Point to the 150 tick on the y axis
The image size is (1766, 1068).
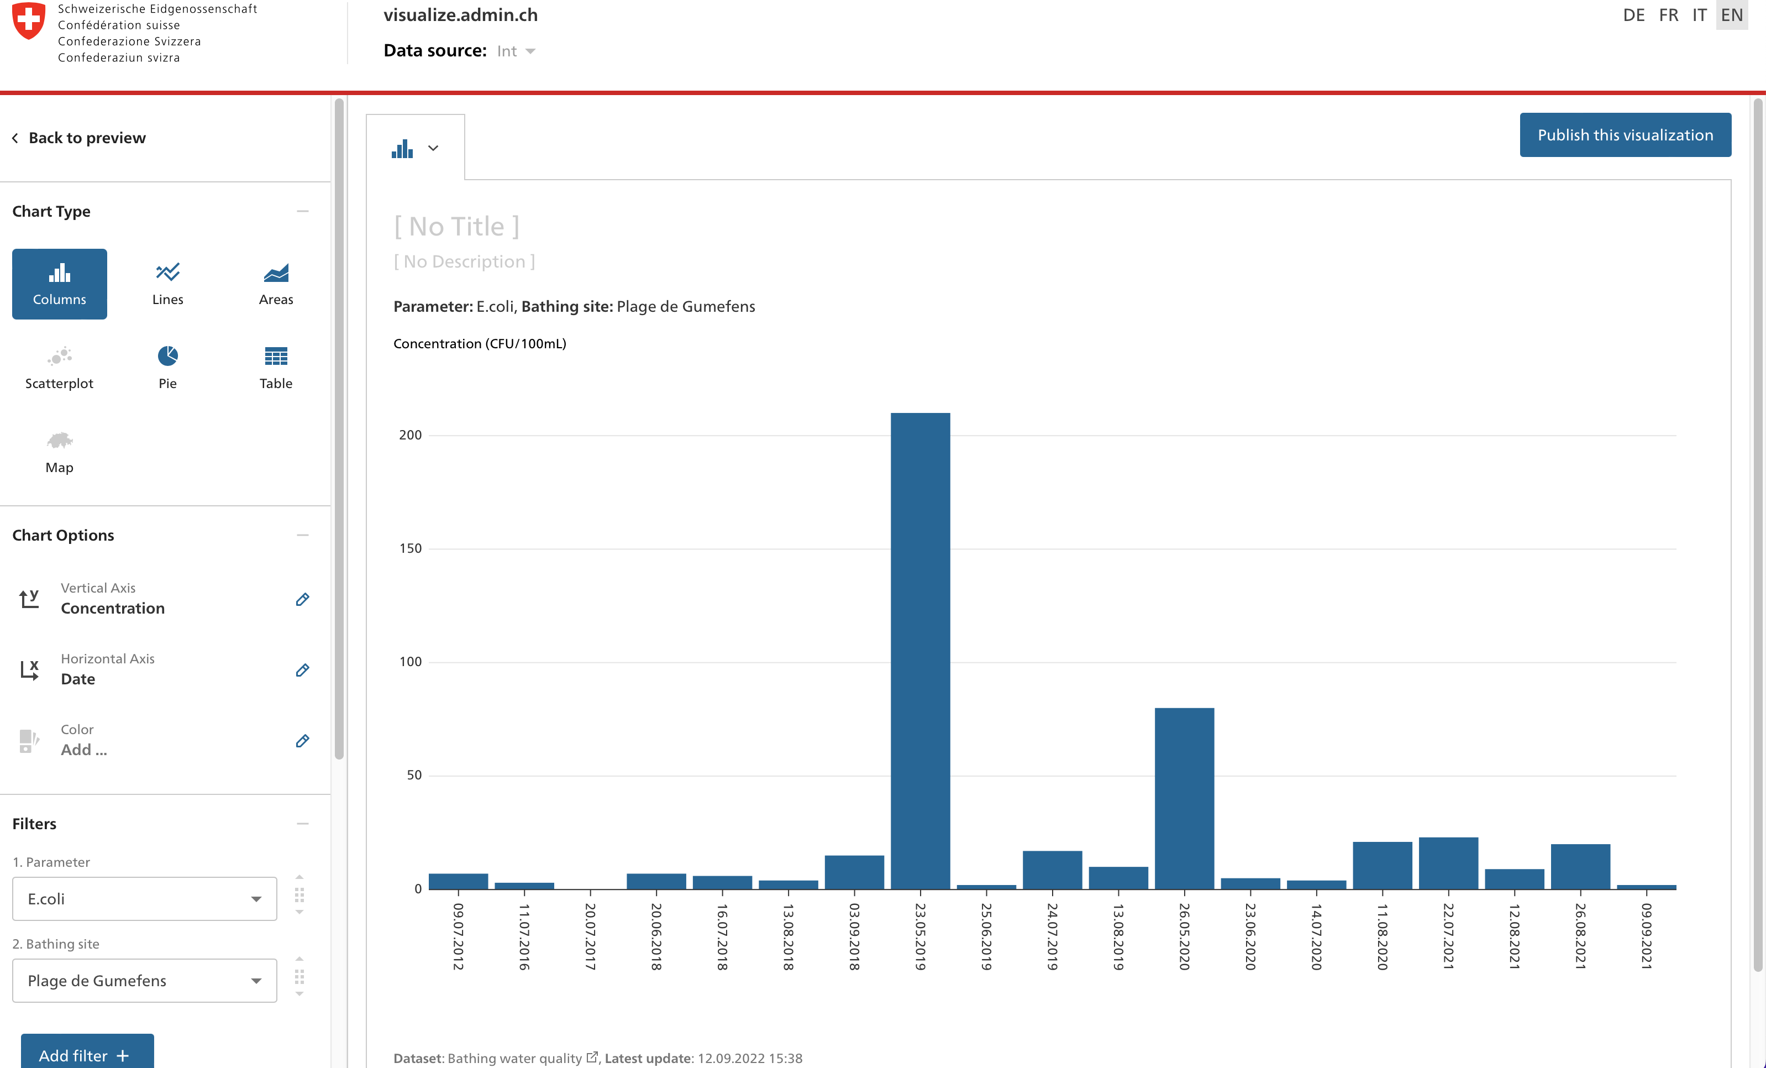[411, 548]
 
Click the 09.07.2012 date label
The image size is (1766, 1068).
[458, 935]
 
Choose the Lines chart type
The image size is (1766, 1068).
[168, 284]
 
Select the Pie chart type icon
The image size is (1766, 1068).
[168, 356]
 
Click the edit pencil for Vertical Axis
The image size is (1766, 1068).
[302, 599]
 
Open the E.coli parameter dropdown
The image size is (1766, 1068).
[145, 899]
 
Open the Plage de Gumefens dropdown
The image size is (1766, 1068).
[145, 981]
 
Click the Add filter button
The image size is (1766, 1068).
[87, 1054]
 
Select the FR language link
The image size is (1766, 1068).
[1668, 15]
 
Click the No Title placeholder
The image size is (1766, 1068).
[456, 227]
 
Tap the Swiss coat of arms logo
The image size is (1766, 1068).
[29, 21]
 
